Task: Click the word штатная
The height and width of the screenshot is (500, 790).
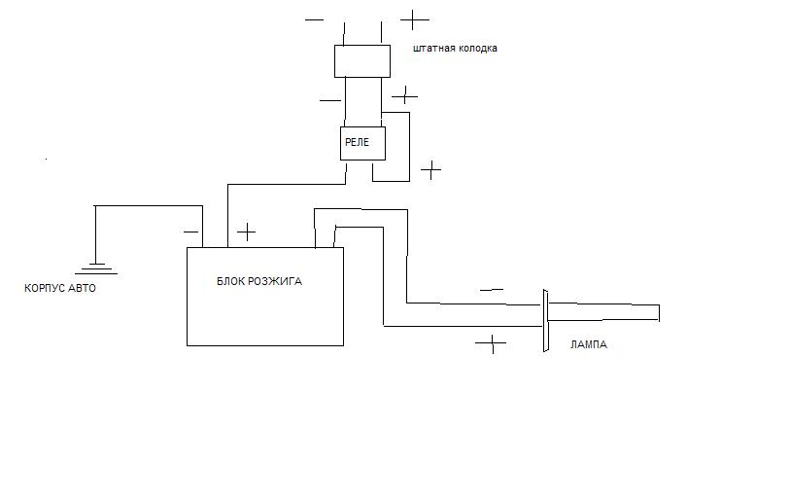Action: pyautogui.click(x=432, y=48)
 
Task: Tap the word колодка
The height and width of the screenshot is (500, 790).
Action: pyautogui.click(x=475, y=48)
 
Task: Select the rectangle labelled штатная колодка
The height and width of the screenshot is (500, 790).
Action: pyautogui.click(x=362, y=60)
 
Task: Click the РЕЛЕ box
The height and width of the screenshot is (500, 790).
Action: pyautogui.click(x=362, y=143)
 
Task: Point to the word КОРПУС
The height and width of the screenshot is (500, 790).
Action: pyautogui.click(x=46, y=288)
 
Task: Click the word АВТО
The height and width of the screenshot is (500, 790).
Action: pyautogui.click(x=84, y=288)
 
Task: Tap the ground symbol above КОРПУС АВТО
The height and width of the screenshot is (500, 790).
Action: pyautogui.click(x=95, y=268)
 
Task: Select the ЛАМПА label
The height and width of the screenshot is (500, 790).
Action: pyautogui.click(x=588, y=344)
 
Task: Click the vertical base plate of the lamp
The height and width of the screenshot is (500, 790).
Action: pyautogui.click(x=545, y=320)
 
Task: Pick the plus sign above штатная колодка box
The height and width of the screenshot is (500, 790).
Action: pyautogui.click(x=415, y=18)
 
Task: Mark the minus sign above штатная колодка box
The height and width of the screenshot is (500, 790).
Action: pyautogui.click(x=314, y=18)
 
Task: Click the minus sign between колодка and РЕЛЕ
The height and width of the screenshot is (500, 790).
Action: pyautogui.click(x=329, y=99)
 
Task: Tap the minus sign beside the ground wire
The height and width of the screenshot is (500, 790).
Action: pyautogui.click(x=190, y=232)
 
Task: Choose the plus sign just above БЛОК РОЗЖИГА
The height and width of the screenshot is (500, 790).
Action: pyautogui.click(x=247, y=232)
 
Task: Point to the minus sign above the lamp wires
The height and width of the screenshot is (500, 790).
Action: pyautogui.click(x=492, y=289)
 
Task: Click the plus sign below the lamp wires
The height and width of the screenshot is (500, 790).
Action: pyautogui.click(x=492, y=343)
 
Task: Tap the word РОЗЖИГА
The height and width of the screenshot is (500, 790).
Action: pyautogui.click(x=277, y=281)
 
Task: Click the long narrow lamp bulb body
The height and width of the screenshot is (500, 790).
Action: pyautogui.click(x=603, y=312)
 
